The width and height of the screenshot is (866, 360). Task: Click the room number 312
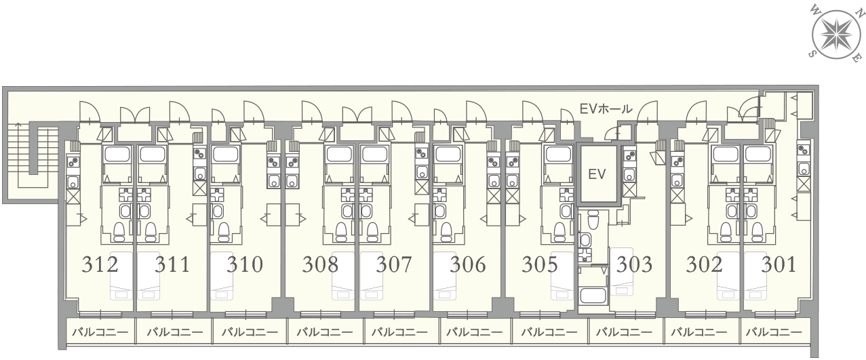pyautogui.click(x=100, y=264)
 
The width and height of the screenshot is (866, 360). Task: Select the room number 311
pyautogui.click(x=172, y=264)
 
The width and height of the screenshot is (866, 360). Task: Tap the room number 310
pyautogui.click(x=245, y=264)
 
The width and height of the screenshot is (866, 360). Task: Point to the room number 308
pyautogui.click(x=320, y=264)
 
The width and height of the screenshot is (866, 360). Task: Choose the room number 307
pyautogui.click(x=394, y=264)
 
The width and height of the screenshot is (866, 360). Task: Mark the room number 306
pyautogui.click(x=468, y=264)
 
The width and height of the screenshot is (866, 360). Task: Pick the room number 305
pyautogui.click(x=540, y=264)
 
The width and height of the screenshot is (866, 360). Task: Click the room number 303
pyautogui.click(x=634, y=264)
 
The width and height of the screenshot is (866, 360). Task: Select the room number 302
pyautogui.click(x=705, y=264)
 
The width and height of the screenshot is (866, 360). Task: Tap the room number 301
pyautogui.click(x=779, y=264)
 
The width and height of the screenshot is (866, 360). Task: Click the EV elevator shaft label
pyautogui.click(x=597, y=174)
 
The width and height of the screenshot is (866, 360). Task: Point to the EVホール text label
pyautogui.click(x=606, y=109)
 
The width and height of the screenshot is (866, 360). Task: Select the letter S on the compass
pyautogui.click(x=812, y=53)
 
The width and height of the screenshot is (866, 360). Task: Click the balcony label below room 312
pyautogui.click(x=100, y=332)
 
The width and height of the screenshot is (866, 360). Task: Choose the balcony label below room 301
pyautogui.click(x=774, y=332)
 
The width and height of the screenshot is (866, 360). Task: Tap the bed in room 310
pyautogui.click(x=222, y=276)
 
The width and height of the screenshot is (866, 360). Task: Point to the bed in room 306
pyautogui.click(x=446, y=276)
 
